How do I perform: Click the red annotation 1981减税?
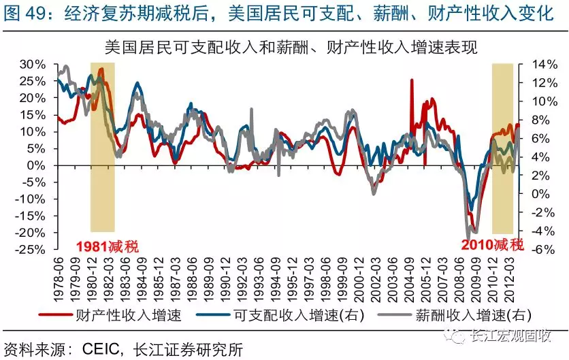[106, 245]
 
